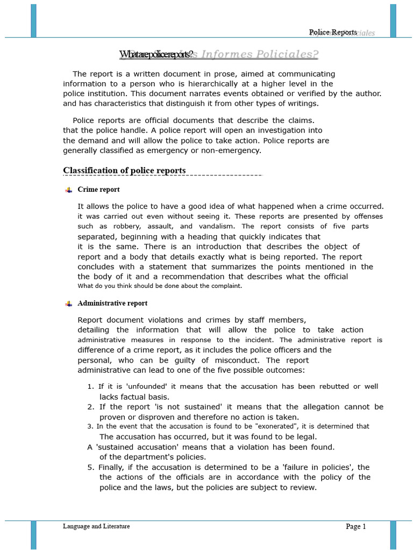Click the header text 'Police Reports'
click(333, 32)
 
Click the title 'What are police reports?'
click(156, 54)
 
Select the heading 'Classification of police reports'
click(124, 170)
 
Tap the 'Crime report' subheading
click(98, 190)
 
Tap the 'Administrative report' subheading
click(112, 303)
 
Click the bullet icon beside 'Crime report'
click(68, 190)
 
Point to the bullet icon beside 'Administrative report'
click(68, 303)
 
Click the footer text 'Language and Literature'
click(96, 526)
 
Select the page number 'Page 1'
click(355, 527)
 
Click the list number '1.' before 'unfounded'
click(90, 387)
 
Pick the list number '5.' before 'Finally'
click(90, 467)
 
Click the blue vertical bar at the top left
click(34, 20)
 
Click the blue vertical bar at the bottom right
click(393, 534)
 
